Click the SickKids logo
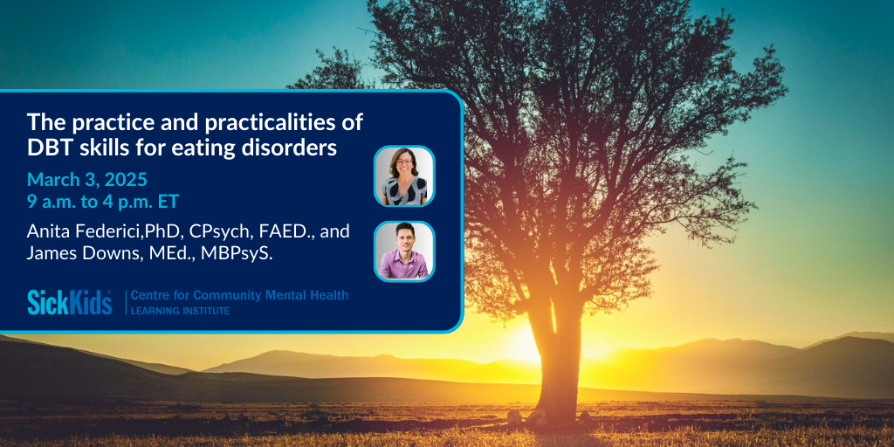tap(70, 302)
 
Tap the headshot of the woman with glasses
tap(404, 176)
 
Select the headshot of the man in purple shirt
tap(404, 251)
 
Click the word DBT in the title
tap(47, 148)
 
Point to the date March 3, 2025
tap(87, 180)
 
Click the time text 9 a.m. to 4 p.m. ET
tap(103, 202)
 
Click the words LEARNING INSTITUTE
tap(180, 311)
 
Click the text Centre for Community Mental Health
tap(239, 295)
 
